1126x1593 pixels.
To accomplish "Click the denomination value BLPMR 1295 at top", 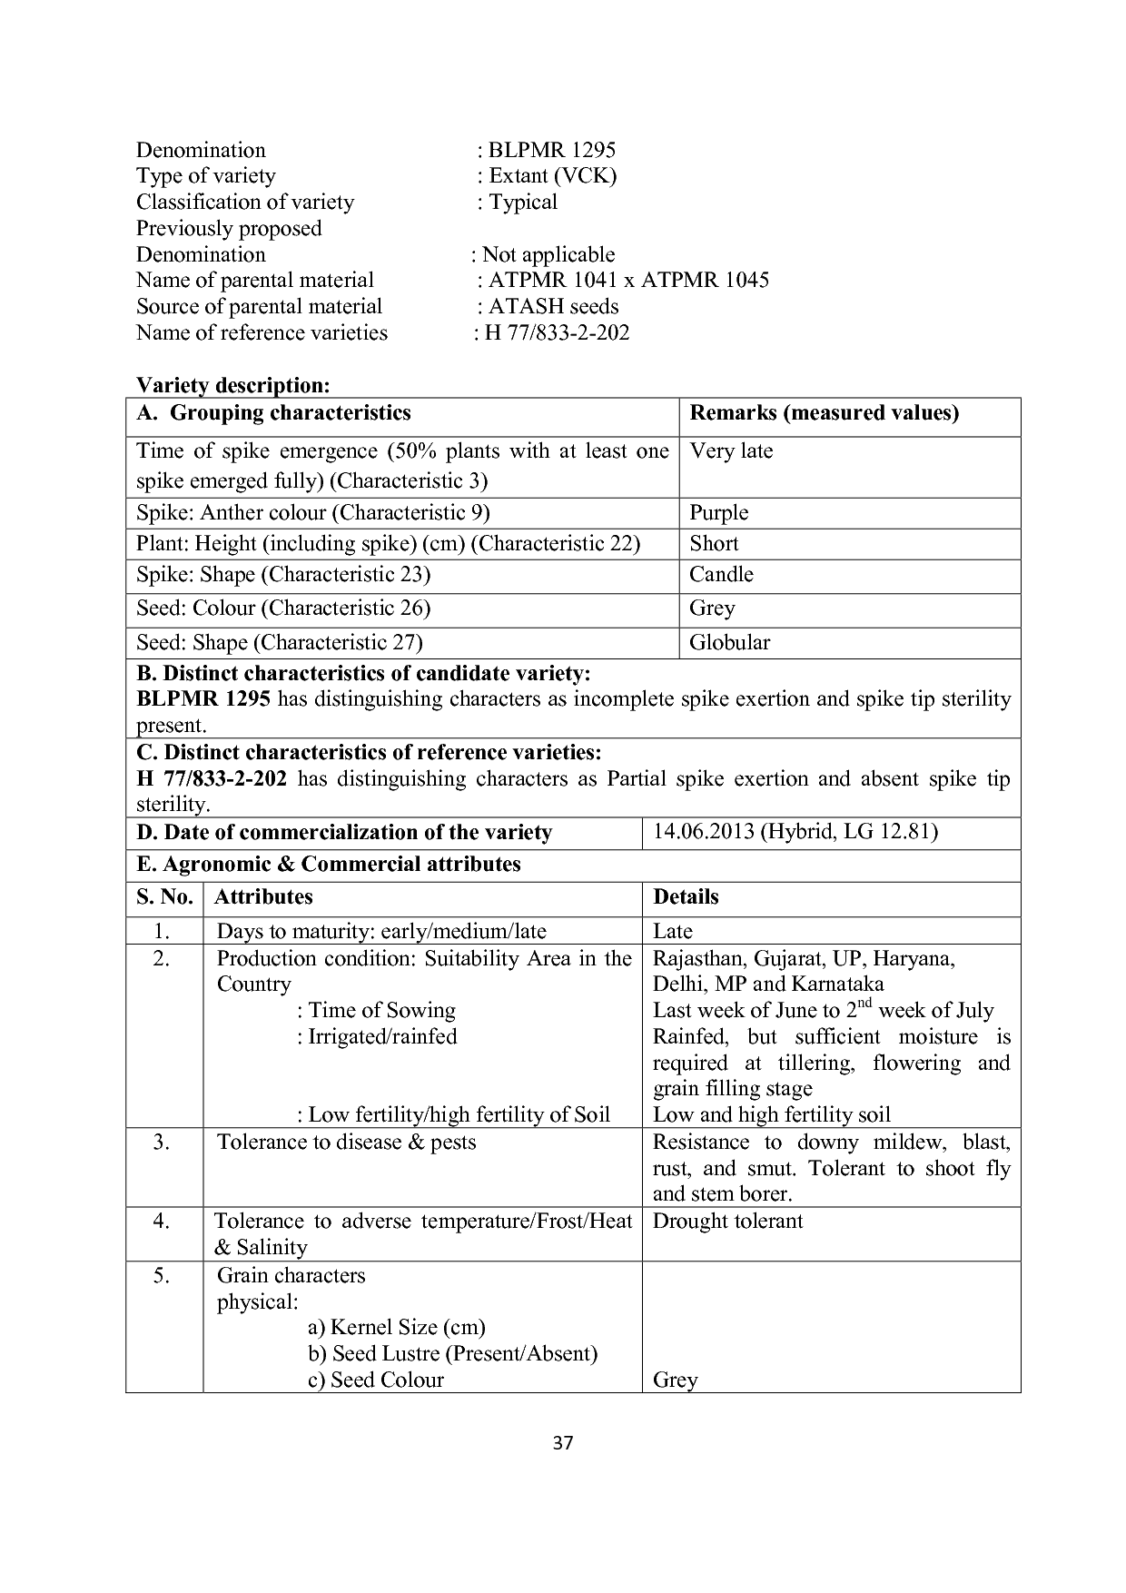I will tap(551, 150).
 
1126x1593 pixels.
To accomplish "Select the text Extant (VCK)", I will tap(552, 175).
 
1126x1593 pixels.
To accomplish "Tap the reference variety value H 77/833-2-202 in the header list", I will tap(556, 332).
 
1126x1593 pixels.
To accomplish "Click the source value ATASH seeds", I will tap(553, 306).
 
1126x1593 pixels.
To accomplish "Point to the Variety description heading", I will tap(232, 385).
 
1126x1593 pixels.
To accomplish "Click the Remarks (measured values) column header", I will tap(824, 413).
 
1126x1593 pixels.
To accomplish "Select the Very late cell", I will tap(731, 451).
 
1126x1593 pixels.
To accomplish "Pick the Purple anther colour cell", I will tap(718, 512).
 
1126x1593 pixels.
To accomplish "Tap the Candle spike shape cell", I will tap(721, 574).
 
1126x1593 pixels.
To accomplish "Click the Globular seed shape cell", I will tap(729, 642).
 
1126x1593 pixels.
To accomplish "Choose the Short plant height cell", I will tap(714, 543).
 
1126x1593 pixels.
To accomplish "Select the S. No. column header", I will tap(164, 897).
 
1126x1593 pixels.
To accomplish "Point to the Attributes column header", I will tap(263, 897).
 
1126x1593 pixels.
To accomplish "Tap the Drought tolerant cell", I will tap(727, 1221).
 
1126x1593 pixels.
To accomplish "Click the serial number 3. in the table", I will tap(162, 1143).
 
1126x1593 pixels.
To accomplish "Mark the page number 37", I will tap(563, 1443).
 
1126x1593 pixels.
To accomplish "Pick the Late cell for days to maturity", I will tap(672, 931).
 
